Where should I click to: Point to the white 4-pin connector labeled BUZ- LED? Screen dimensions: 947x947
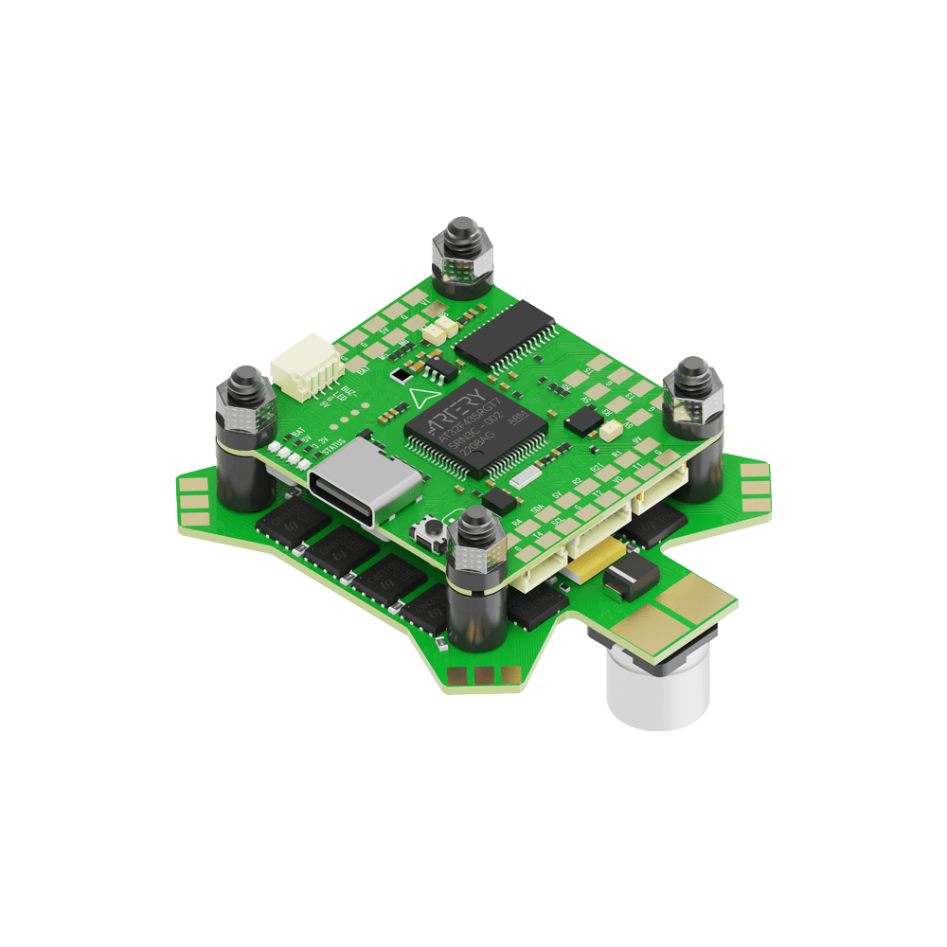pos(300,370)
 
